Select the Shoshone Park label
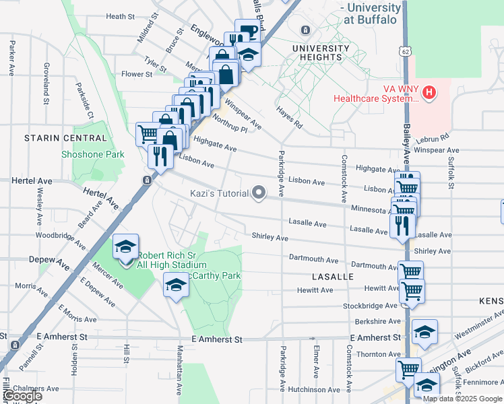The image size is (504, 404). pyautogui.click(x=93, y=154)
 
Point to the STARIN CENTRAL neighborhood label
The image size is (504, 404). pyautogui.click(x=65, y=138)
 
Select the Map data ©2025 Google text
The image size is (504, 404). pyautogui.click(x=462, y=399)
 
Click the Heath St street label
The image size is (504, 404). pyautogui.click(x=121, y=16)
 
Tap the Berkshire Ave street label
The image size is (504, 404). pyautogui.click(x=377, y=322)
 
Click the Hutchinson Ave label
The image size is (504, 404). pyautogui.click(x=314, y=389)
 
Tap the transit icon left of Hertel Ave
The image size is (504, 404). pyautogui.click(x=146, y=180)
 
